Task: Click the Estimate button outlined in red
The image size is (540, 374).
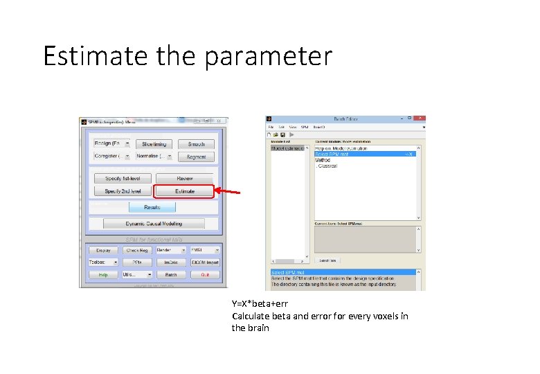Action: [184, 191]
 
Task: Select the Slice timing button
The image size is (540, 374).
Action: [154, 144]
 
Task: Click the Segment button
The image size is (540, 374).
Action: [196, 157]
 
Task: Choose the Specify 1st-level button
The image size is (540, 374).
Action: [123, 178]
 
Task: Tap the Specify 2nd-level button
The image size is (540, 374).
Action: [123, 191]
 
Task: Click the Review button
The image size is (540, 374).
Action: [184, 178]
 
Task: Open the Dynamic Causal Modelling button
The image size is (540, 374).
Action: [154, 224]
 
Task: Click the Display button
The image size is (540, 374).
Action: [103, 250]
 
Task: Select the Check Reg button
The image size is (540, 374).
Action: [137, 250]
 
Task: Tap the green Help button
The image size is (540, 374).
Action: [103, 275]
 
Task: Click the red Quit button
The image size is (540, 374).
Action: [205, 275]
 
